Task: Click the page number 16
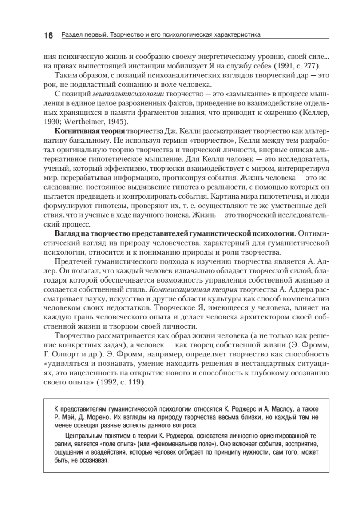(x=48, y=35)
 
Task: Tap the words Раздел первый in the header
(x=81, y=34)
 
